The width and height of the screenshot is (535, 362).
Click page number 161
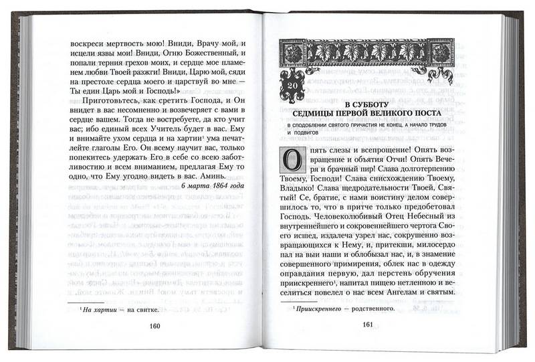click(x=366, y=325)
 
